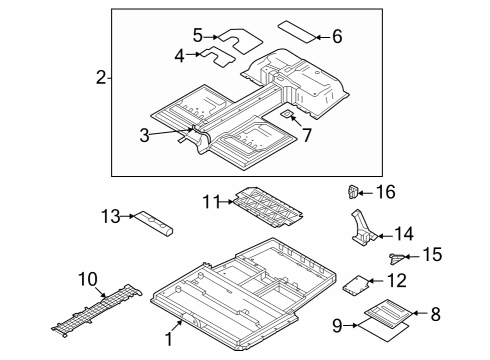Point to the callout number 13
click(x=111, y=215)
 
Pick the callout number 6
click(x=336, y=37)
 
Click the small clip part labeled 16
click(x=353, y=190)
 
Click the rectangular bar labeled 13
click(x=157, y=222)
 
